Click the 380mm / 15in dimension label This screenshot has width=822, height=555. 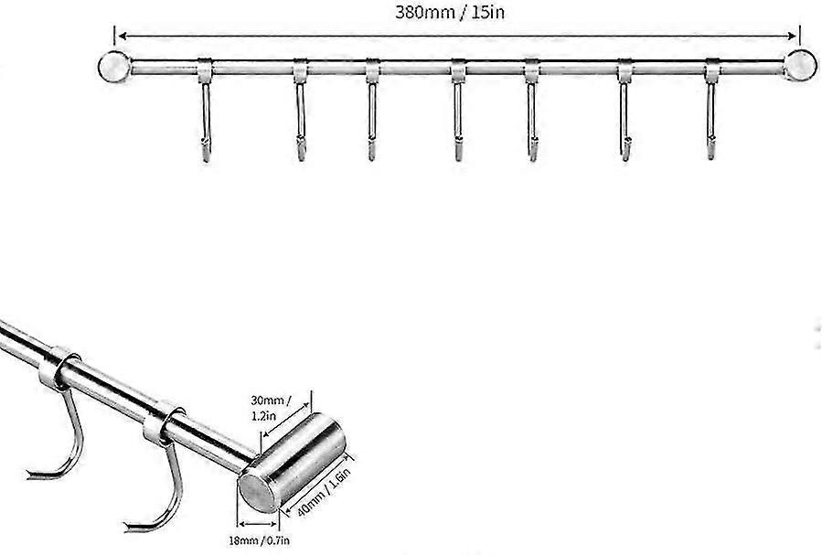[450, 12]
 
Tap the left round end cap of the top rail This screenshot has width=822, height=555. [113, 67]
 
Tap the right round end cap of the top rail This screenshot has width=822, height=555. [800, 66]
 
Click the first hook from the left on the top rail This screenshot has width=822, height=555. [206, 110]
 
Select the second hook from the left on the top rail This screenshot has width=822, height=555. [300, 109]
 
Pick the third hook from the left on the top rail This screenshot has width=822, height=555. [372, 109]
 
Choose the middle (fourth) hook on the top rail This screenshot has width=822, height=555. [458, 109]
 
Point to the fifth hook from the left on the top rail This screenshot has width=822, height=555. [532, 109]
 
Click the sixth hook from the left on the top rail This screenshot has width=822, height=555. [625, 109]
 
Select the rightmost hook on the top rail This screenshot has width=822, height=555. [711, 109]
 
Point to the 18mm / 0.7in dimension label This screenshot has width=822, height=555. [259, 540]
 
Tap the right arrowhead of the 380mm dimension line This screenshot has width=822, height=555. [792, 36]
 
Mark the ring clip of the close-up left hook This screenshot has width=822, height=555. [59, 369]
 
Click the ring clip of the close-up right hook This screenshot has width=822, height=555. [163, 423]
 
